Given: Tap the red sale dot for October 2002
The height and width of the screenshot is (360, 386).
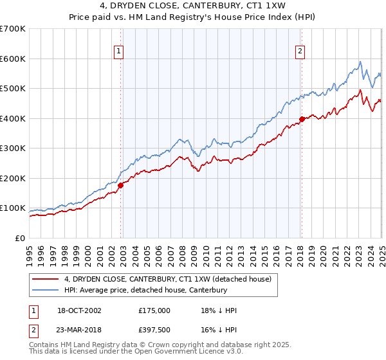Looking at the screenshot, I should [120, 186].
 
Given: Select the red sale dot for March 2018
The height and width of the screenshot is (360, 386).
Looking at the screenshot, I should [301, 119].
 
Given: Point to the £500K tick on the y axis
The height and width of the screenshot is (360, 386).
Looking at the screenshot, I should [14, 89].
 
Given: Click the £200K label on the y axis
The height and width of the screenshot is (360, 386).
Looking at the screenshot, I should [14, 178].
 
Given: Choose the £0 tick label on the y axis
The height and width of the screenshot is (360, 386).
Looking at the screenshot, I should [21, 238].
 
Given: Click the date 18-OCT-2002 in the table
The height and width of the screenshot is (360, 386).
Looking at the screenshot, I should [79, 310].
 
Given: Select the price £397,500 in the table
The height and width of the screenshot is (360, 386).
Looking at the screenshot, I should [154, 329].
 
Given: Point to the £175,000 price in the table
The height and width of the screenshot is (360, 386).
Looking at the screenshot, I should [154, 310].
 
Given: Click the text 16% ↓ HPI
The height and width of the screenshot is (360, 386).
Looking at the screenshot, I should [219, 329].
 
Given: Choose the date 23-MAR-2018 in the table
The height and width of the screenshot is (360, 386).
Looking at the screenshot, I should [80, 329].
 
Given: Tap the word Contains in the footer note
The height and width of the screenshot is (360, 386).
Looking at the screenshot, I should [45, 345].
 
